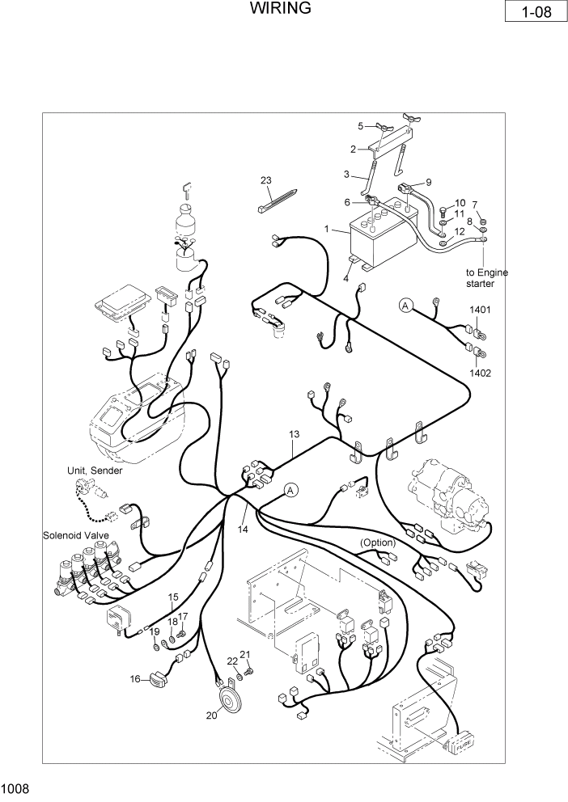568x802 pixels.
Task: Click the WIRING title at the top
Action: [280, 10]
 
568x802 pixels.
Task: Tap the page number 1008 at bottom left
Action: [15, 787]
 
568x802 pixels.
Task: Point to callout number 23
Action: [265, 179]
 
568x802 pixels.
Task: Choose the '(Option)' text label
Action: [378, 542]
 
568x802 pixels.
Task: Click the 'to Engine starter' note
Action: [486, 278]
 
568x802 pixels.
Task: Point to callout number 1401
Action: [480, 310]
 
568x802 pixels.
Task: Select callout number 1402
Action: [480, 374]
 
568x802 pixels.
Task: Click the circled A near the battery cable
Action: [405, 305]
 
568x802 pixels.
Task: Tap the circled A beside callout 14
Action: [291, 490]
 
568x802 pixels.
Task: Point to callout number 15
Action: [173, 597]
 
